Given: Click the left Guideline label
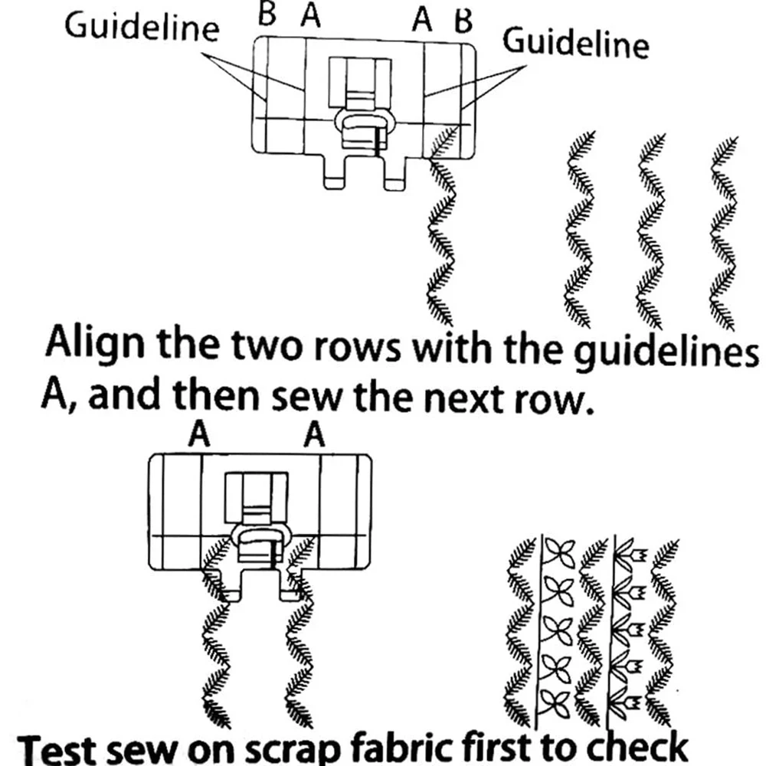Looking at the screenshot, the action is point(142,28).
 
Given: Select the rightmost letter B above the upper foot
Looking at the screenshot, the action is point(461,21).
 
